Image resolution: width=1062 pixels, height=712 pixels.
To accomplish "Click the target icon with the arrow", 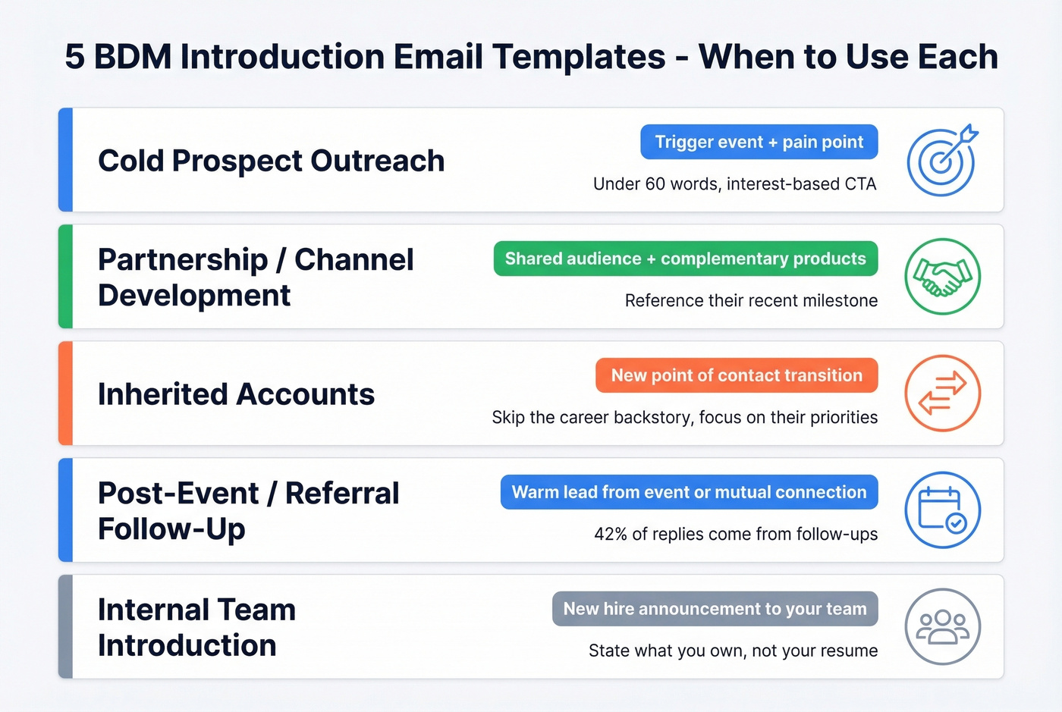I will (942, 160).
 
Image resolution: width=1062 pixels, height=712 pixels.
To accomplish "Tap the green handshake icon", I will (942, 277).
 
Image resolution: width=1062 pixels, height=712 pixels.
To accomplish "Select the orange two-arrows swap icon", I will (942, 394).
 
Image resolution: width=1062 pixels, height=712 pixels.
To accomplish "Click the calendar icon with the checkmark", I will (942, 510).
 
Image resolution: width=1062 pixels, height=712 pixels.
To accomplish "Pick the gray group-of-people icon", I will (942, 627).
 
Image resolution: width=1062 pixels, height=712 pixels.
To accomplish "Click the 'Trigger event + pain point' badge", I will (759, 142).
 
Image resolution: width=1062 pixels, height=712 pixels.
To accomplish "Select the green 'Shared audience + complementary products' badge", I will (685, 259).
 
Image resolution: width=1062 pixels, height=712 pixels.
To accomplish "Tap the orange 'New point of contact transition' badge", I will (736, 375).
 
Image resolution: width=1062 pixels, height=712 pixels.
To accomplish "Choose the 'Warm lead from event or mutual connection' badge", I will (689, 492).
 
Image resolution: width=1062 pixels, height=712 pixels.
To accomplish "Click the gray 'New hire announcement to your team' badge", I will (715, 609).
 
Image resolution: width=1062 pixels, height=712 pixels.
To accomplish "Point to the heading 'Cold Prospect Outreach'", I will (271, 161).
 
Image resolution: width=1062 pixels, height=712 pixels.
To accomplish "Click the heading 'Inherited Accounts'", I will (236, 394).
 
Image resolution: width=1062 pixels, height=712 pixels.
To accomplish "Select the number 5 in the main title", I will (74, 57).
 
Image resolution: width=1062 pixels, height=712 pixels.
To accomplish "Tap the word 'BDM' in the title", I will (134, 57).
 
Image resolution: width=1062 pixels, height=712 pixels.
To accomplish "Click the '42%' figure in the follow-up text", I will (610, 535).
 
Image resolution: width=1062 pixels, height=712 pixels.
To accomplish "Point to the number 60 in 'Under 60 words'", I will (655, 184).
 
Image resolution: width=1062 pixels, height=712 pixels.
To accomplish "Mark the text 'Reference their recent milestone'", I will (751, 301).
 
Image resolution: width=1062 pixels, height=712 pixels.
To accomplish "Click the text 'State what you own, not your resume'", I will (733, 651).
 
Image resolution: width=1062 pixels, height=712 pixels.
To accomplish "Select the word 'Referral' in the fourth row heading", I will (342, 494).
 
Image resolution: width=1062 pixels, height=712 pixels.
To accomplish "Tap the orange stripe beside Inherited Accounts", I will (66, 394).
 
